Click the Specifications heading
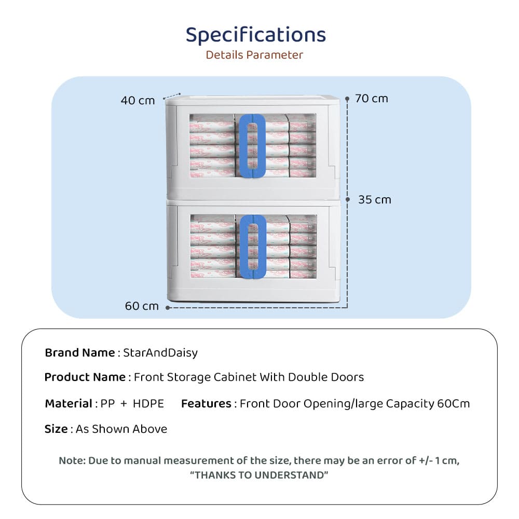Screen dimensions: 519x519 [256, 35]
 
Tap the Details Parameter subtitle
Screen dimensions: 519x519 [254, 55]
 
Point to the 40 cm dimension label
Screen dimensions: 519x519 [138, 101]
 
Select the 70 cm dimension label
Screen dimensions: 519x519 [372, 99]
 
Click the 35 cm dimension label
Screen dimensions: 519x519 [375, 200]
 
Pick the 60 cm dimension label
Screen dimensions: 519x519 [142, 306]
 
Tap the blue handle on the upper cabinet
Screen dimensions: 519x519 [252, 146]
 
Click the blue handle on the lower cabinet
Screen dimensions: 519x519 [252, 247]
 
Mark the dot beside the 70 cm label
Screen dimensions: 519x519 [347, 98]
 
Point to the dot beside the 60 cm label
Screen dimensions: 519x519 [169, 307]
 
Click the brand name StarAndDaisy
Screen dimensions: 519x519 [160, 353]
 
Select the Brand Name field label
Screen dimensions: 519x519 [79, 353]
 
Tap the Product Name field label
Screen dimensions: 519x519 [85, 377]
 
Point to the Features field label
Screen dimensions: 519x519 [206, 404]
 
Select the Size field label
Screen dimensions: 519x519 [56, 429]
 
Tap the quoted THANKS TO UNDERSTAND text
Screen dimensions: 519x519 [259, 475]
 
